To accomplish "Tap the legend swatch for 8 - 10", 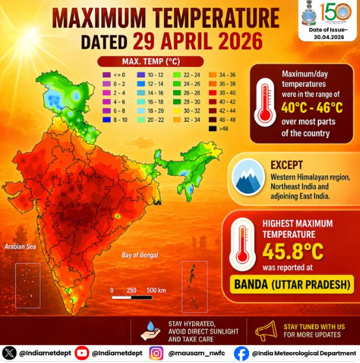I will [106, 120].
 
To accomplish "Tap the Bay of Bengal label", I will [141, 255].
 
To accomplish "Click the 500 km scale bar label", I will [156, 289].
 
